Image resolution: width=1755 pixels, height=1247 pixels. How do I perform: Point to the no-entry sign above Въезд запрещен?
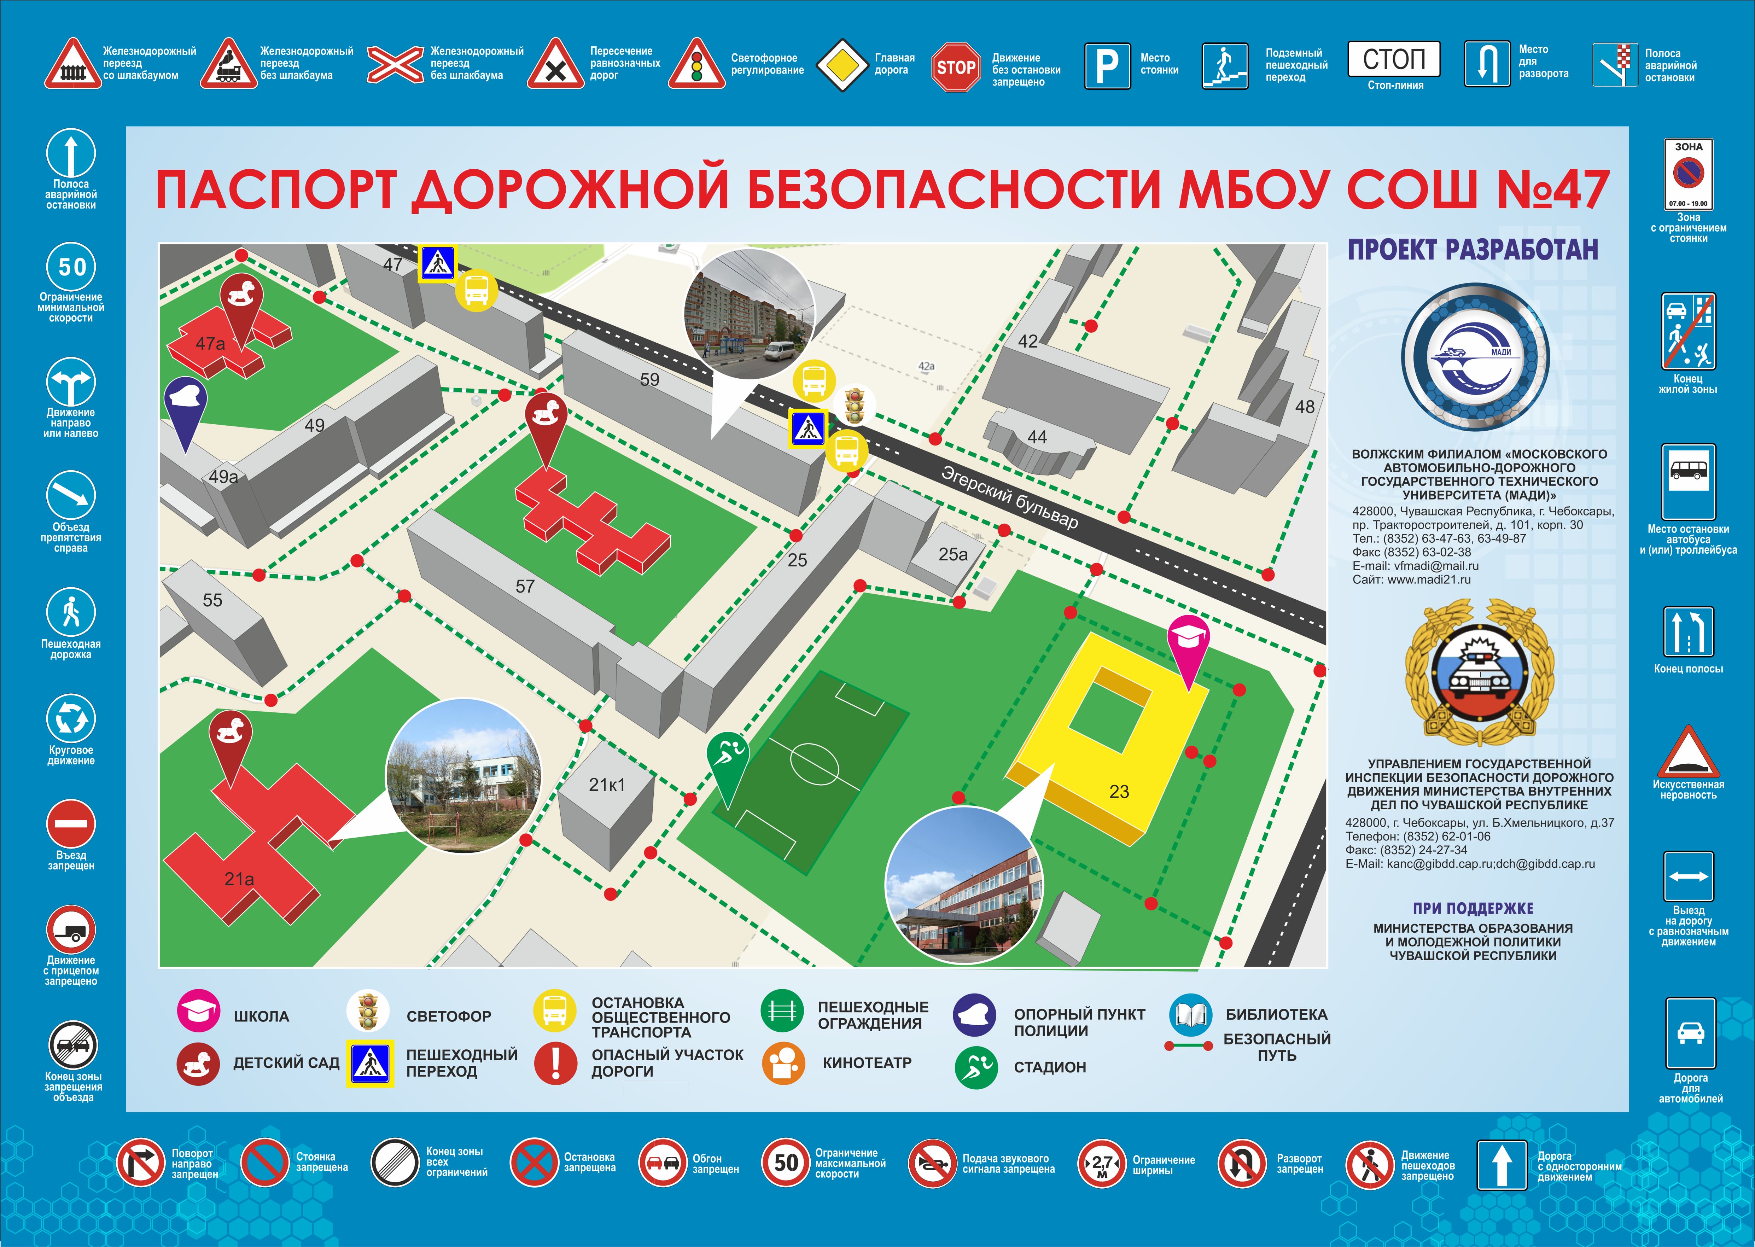click(71, 824)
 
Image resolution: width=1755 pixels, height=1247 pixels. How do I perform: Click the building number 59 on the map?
click(649, 379)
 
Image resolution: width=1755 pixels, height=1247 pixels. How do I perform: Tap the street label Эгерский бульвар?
click(1009, 497)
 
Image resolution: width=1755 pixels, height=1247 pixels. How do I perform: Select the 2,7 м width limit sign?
click(1102, 1163)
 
